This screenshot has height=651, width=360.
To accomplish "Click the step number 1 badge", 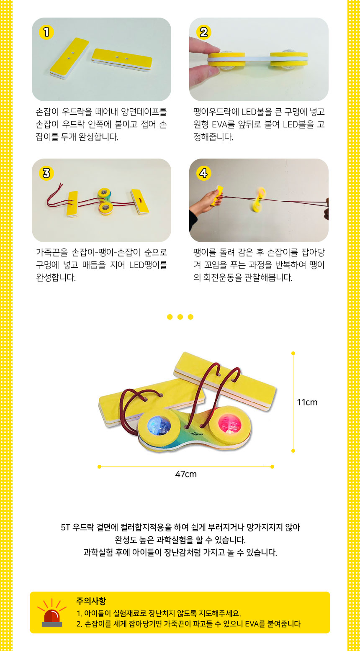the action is click(46, 32).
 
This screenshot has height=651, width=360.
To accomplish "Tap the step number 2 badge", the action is click(203, 32).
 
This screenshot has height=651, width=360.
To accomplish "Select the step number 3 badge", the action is click(46, 173).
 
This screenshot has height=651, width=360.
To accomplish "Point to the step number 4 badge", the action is click(203, 173).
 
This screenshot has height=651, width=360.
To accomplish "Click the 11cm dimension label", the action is click(307, 402).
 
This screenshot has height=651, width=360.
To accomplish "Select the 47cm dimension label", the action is click(186, 474).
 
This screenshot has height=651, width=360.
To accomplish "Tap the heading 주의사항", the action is click(91, 601).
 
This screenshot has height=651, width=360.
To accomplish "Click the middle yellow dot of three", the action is click(180, 317).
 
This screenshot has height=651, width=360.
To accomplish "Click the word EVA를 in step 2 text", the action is click(223, 124).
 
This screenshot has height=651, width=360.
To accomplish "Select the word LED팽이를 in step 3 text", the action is click(148, 265).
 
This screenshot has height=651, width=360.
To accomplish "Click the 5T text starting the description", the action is click(65, 527).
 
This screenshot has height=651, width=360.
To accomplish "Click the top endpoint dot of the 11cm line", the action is click(293, 354).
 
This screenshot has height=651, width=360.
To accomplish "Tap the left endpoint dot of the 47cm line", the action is click(100, 466).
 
